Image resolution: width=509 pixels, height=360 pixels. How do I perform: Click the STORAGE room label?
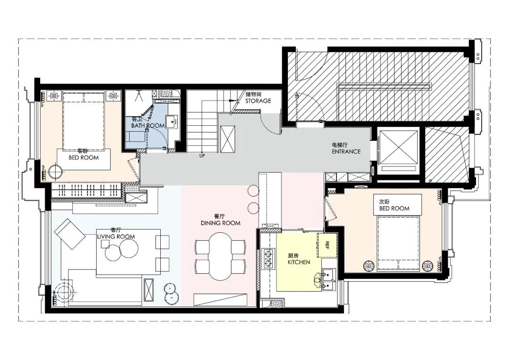point(258,101)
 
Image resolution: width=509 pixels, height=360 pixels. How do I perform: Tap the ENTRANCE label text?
point(346,151)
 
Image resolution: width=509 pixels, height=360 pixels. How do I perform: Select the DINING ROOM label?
point(221,223)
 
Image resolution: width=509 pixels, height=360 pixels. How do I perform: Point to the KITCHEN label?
point(299,262)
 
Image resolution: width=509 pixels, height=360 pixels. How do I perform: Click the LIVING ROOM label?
point(116,237)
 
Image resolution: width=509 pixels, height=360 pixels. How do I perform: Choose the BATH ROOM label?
point(148,125)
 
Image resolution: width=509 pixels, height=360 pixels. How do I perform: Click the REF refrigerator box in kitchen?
point(327,245)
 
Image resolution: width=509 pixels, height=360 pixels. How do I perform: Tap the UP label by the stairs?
point(202,156)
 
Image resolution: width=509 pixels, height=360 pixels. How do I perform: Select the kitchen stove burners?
point(269,258)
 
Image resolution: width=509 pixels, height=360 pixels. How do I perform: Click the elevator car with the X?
point(398,147)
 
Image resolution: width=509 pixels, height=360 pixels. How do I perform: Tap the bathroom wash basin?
point(172,122)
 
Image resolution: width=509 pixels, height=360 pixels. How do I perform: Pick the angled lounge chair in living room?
point(70,234)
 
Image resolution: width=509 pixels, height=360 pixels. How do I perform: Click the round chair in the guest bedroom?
point(55,172)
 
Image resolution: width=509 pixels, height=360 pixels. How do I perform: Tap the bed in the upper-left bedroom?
point(83,121)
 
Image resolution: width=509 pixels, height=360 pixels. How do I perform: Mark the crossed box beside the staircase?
point(227,139)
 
